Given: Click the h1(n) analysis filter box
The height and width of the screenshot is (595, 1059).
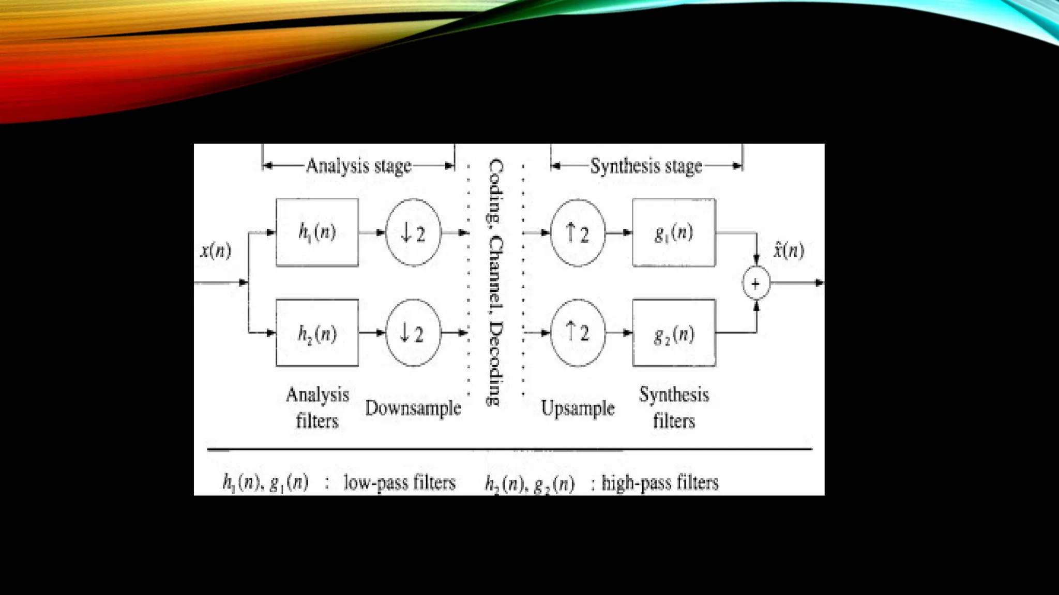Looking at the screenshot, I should click(x=317, y=232).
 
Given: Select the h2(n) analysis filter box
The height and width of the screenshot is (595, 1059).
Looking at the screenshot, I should click(x=317, y=333).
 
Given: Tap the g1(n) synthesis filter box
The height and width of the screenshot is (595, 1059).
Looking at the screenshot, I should click(x=674, y=232).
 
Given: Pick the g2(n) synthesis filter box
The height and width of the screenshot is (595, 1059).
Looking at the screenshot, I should click(x=674, y=333).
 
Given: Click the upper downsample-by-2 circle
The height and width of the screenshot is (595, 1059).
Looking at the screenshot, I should click(x=413, y=232).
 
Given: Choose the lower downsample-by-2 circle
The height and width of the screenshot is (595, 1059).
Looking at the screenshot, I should click(x=413, y=333).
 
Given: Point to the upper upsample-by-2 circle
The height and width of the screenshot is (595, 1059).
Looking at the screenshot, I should click(x=578, y=232).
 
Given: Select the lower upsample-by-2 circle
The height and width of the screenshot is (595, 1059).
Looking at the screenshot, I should click(x=578, y=333).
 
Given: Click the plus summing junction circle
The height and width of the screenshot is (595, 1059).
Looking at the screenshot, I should click(x=756, y=283).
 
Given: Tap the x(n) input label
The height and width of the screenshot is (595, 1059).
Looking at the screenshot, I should click(x=216, y=250).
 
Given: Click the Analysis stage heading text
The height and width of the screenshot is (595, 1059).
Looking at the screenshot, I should click(x=358, y=166).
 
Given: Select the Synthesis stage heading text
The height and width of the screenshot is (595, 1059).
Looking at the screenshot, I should click(x=646, y=166).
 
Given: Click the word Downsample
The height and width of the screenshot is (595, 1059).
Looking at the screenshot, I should click(x=413, y=408).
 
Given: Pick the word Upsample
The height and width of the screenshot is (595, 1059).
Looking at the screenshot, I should click(x=578, y=408).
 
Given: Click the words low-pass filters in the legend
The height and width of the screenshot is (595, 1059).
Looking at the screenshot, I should click(x=400, y=482).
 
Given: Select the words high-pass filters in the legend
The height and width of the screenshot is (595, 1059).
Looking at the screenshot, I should click(x=660, y=482).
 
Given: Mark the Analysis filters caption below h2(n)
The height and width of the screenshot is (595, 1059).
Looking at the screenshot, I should click(x=317, y=408).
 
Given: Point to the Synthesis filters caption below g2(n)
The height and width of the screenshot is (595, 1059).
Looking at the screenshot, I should click(x=674, y=408).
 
